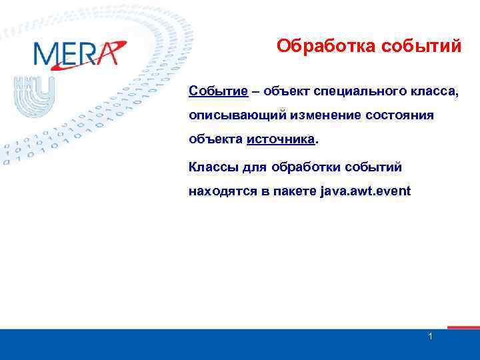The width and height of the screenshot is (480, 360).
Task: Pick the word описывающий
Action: coord(238,116)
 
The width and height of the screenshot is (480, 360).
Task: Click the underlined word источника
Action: coord(280,141)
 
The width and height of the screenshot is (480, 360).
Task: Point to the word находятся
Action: coord(223,191)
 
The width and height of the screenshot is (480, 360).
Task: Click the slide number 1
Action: coord(431,337)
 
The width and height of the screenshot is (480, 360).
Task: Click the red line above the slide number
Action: coord(463,327)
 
